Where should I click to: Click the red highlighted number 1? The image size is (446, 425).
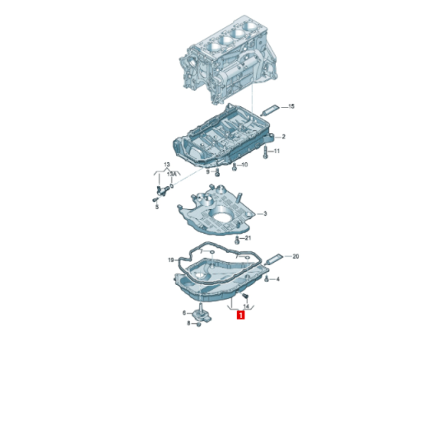point(240,315)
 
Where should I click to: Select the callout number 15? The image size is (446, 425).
point(291,106)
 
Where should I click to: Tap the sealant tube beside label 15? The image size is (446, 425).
point(269,110)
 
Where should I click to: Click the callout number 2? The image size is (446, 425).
point(283,137)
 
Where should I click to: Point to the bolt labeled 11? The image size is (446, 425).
point(266,152)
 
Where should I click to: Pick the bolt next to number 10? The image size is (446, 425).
point(235,167)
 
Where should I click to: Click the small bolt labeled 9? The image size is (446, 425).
point(217,172)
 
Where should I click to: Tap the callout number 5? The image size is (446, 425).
point(157,207)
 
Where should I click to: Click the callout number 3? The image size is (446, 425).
point(265,213)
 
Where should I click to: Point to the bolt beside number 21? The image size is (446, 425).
point(237,241)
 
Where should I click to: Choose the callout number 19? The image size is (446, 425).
point(170,260)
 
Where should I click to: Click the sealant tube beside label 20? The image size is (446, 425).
point(274,259)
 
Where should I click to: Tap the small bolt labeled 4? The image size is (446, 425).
point(267,279)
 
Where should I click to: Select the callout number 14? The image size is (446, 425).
point(246,306)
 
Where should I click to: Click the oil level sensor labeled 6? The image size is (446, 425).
point(202,313)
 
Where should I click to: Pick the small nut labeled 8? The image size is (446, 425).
point(198,325)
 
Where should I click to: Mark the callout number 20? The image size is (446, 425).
point(295,256)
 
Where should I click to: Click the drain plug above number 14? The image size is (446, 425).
point(245,296)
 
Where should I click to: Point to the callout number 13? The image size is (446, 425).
point(167,165)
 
